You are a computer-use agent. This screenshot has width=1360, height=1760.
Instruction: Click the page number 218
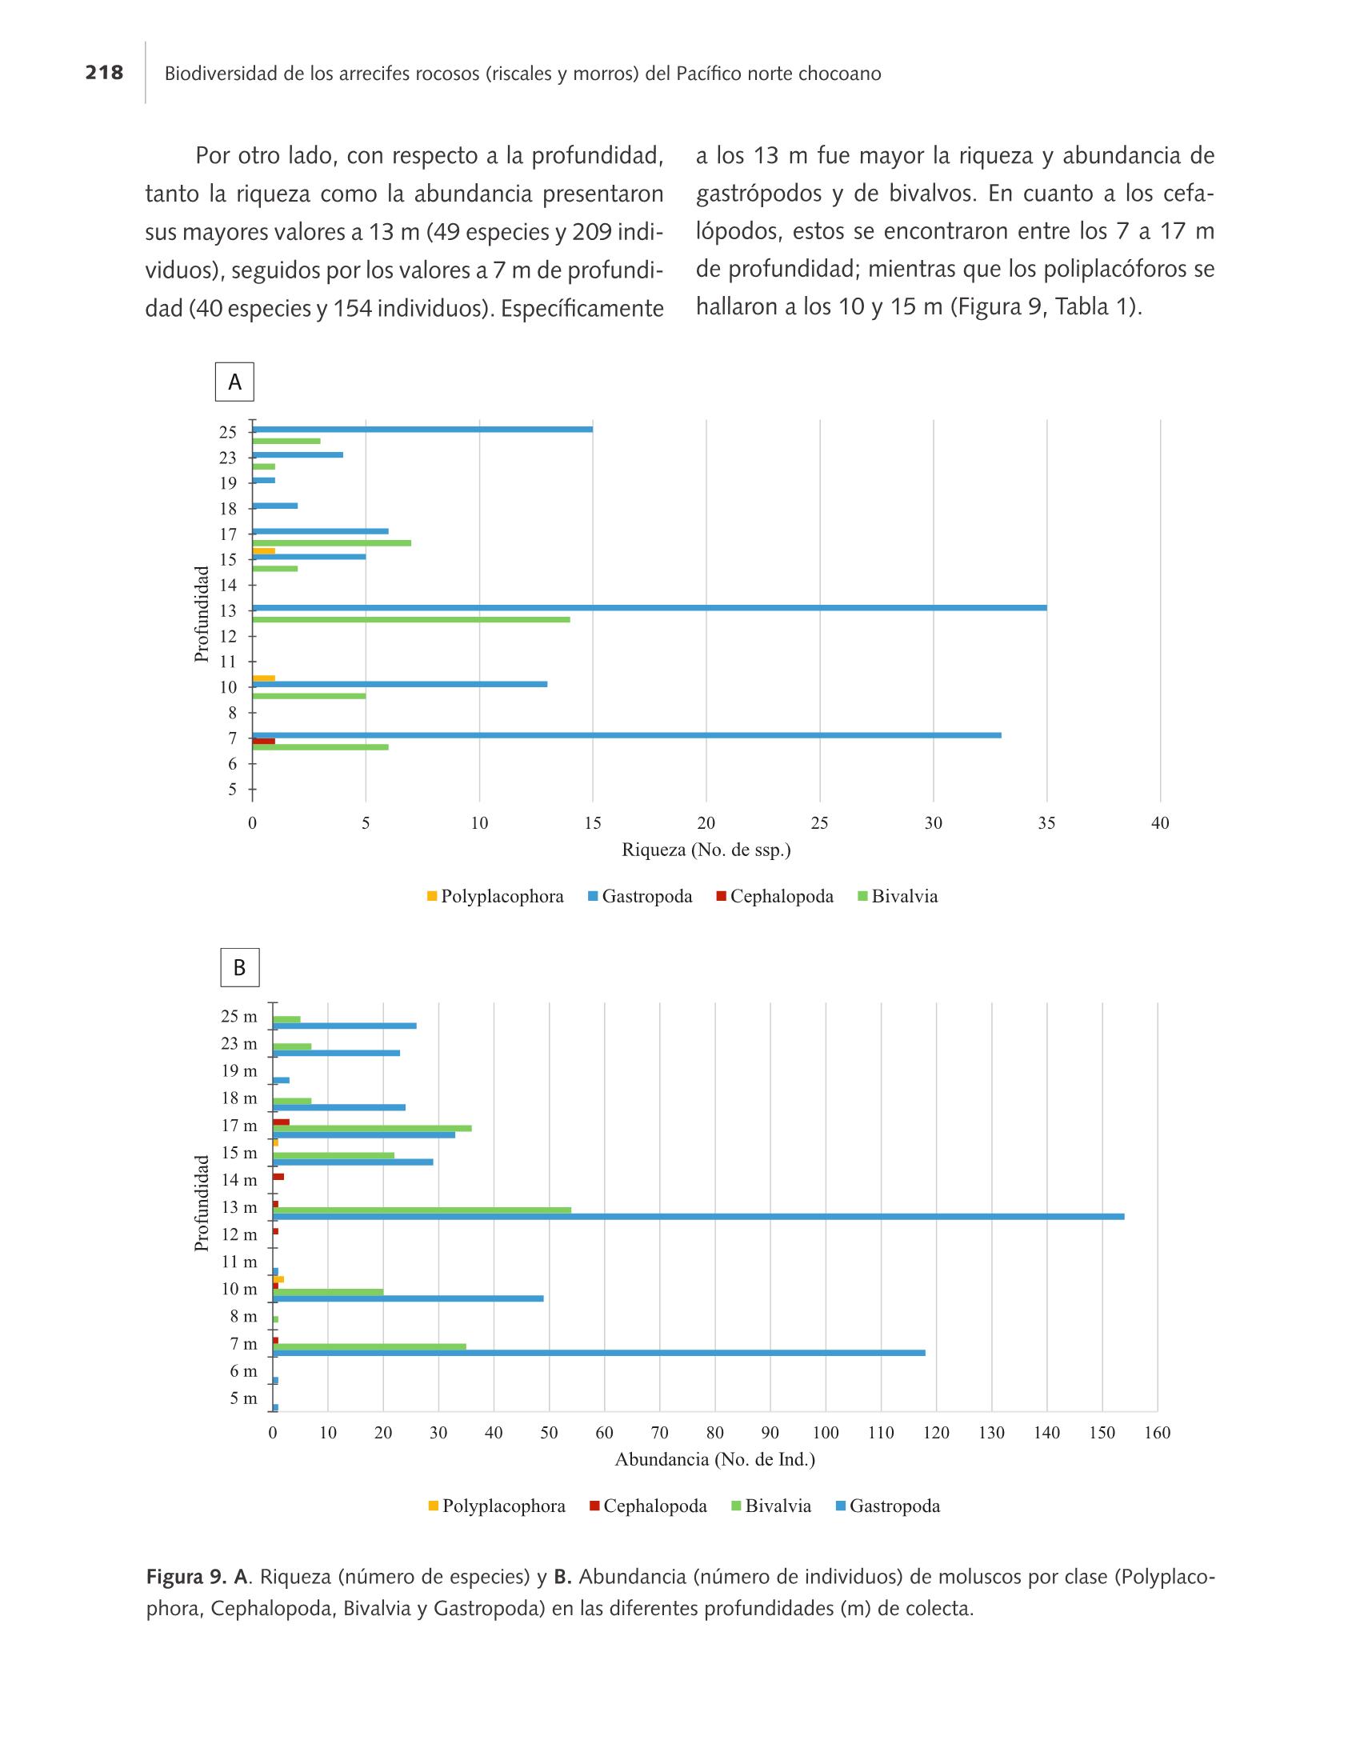point(104,74)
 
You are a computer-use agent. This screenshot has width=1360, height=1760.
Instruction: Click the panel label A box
point(234,382)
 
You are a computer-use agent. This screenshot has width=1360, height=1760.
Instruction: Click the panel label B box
point(239,967)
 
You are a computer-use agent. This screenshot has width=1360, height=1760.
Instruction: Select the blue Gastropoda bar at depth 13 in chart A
point(650,608)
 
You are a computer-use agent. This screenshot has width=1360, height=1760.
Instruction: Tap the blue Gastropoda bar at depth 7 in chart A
point(627,735)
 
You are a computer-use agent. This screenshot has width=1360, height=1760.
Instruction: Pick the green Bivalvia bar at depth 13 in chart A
point(411,620)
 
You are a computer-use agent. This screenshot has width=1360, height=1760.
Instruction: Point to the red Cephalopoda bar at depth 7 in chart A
point(263,741)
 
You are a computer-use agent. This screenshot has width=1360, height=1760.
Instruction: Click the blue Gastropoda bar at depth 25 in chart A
point(422,429)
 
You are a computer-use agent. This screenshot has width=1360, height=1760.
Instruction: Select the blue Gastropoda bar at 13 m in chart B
point(698,1217)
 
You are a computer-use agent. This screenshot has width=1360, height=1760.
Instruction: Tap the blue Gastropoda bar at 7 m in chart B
point(599,1353)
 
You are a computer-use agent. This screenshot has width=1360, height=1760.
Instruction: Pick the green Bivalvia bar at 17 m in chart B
point(372,1128)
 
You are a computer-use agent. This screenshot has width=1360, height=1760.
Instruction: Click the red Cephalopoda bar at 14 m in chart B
point(278,1177)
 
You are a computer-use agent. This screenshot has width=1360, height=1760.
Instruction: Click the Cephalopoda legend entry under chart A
point(774,896)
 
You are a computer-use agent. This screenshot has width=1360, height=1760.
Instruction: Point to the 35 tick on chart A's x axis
point(1046,822)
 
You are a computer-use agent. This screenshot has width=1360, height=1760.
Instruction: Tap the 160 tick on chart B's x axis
point(1157,1432)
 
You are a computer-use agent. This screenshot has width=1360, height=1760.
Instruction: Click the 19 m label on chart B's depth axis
point(239,1071)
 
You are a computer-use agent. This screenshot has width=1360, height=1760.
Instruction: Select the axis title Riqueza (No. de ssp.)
point(706,850)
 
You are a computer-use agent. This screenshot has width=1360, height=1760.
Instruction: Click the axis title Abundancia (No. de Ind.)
point(715,1459)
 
